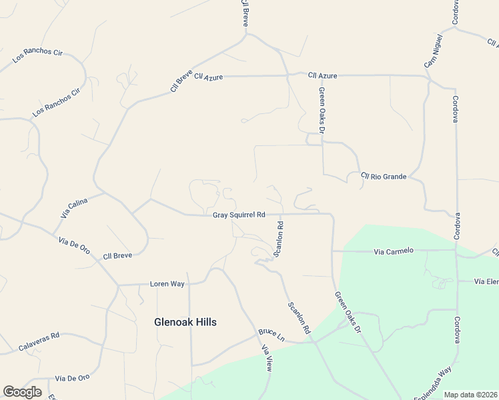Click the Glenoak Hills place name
coord(185,322)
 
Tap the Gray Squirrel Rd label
coord(239,215)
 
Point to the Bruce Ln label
coord(272,335)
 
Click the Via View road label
coord(267,357)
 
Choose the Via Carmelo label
coord(394,251)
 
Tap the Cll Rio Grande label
coord(384,177)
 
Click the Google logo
coord(22,392)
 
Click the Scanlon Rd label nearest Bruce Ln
coord(300,318)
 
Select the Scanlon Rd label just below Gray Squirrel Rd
coord(280,239)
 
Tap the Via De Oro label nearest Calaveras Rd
coord(73,378)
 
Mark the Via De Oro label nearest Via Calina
coord(74,245)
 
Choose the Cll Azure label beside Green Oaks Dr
coord(322,76)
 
